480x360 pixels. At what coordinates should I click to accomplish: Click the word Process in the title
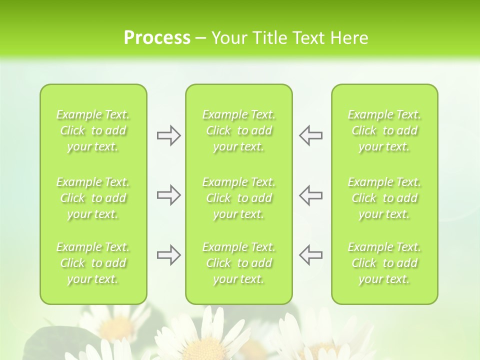tap(157, 38)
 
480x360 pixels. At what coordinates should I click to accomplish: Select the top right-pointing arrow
tap(168, 135)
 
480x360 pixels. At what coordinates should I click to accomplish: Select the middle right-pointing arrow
tap(168, 195)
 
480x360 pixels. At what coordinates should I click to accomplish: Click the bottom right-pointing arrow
tap(168, 255)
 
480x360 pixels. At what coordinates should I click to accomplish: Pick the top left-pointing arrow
tap(310, 135)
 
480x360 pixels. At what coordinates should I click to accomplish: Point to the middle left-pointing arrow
tap(310, 195)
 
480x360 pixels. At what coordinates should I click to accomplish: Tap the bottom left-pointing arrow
tap(310, 255)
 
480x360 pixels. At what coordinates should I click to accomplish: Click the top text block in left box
tap(93, 130)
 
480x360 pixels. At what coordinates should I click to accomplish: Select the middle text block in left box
tap(93, 198)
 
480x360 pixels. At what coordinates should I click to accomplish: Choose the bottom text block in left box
tap(93, 263)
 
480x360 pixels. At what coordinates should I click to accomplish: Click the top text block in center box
tap(239, 130)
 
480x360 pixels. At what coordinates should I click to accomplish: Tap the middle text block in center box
tap(239, 198)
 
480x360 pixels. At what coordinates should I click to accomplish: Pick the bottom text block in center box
tap(239, 263)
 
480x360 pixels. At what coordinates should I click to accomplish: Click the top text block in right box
tap(384, 130)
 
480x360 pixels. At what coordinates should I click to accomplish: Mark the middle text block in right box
tap(384, 198)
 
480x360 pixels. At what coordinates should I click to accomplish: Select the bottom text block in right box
tap(384, 263)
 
